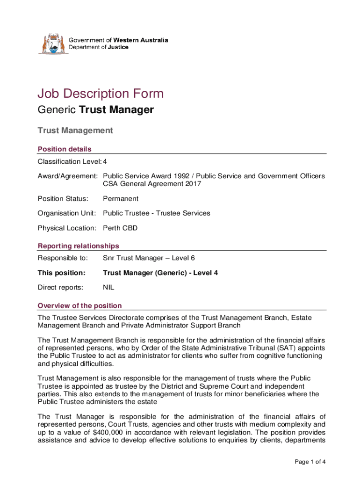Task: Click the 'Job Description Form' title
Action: pyautogui.click(x=101, y=94)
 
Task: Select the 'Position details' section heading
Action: pyautogui.click(x=65, y=149)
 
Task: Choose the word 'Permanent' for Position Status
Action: pyautogui.click(x=121, y=198)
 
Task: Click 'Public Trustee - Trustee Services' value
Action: pyautogui.click(x=156, y=213)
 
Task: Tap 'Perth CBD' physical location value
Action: pyautogui.click(x=120, y=228)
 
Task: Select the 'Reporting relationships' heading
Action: pyautogui.click(x=78, y=246)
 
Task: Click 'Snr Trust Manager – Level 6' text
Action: pyautogui.click(x=146, y=258)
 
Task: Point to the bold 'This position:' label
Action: pyautogui.click(x=61, y=272)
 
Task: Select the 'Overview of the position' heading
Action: pyautogui.click(x=79, y=305)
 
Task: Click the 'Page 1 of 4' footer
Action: pyautogui.click(x=310, y=462)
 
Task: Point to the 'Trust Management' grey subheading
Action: pyautogui.click(x=75, y=131)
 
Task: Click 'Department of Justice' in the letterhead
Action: pyautogui.click(x=99, y=47)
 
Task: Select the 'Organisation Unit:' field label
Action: pyautogui.click(x=67, y=213)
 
